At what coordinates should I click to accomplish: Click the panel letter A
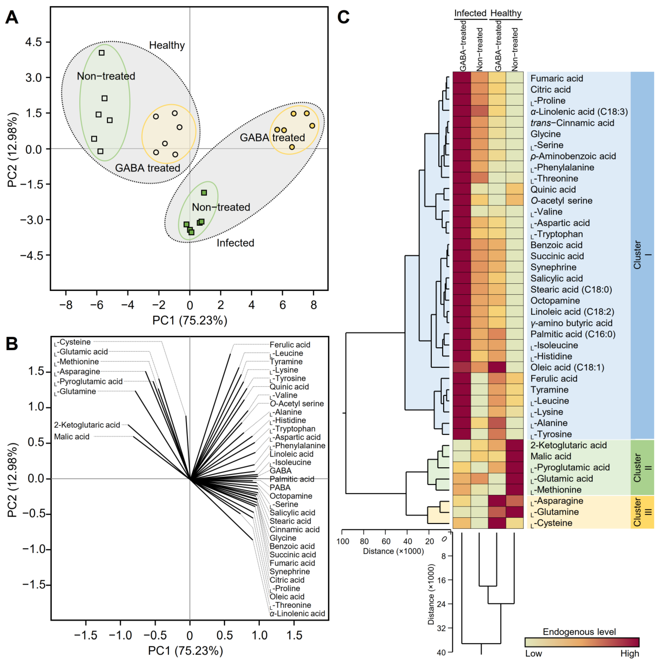point(12,17)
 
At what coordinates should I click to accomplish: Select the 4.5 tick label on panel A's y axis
point(34,42)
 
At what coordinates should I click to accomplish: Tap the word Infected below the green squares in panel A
point(235,243)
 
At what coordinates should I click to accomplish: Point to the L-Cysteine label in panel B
point(73,342)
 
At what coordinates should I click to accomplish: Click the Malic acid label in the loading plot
point(72,436)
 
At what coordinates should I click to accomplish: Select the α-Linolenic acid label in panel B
point(297,613)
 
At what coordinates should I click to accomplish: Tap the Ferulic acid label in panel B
point(290,345)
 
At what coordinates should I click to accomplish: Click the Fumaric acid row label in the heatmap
point(556,79)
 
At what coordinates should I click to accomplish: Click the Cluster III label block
point(642,512)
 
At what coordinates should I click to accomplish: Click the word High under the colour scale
point(629,653)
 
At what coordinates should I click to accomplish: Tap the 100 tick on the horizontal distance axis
point(343,541)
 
